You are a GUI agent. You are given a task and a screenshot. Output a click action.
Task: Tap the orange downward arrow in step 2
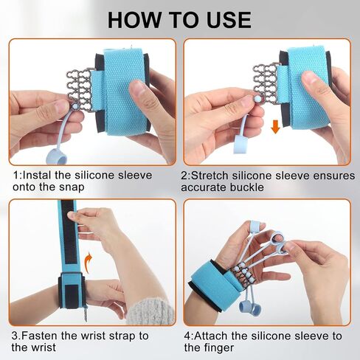coord(275,127)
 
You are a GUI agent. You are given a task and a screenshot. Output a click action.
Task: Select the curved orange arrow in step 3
coord(89,262)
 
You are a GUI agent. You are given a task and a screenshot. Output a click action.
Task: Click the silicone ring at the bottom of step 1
coord(56,157)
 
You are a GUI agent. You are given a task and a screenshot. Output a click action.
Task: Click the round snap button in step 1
coord(75,106)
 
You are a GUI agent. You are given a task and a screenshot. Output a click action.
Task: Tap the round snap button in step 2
coord(257,100)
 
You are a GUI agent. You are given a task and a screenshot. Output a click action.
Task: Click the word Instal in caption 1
coord(38,176)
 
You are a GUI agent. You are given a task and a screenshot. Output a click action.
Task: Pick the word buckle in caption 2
coord(246,187)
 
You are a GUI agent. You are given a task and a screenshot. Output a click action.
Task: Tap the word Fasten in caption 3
coord(40,336)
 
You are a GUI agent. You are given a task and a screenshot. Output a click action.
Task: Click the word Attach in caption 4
coord(212,336)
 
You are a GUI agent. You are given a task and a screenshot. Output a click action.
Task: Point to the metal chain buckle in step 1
coord(79,91)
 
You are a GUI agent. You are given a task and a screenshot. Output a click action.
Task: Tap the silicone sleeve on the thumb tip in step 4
coord(255,226)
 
